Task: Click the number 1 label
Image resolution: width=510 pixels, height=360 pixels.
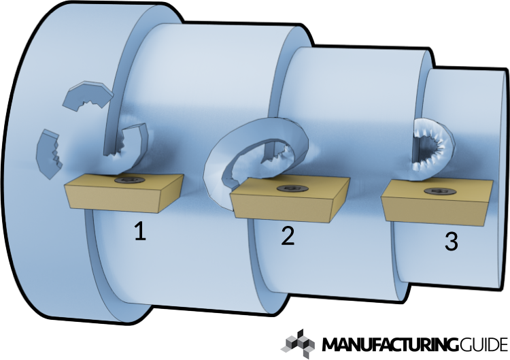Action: pos(140,232)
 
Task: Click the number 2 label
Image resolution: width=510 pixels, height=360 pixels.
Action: pos(288,235)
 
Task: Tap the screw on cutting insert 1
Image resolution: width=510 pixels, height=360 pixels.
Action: pos(128,180)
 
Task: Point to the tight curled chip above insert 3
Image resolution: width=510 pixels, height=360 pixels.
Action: pos(432,146)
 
